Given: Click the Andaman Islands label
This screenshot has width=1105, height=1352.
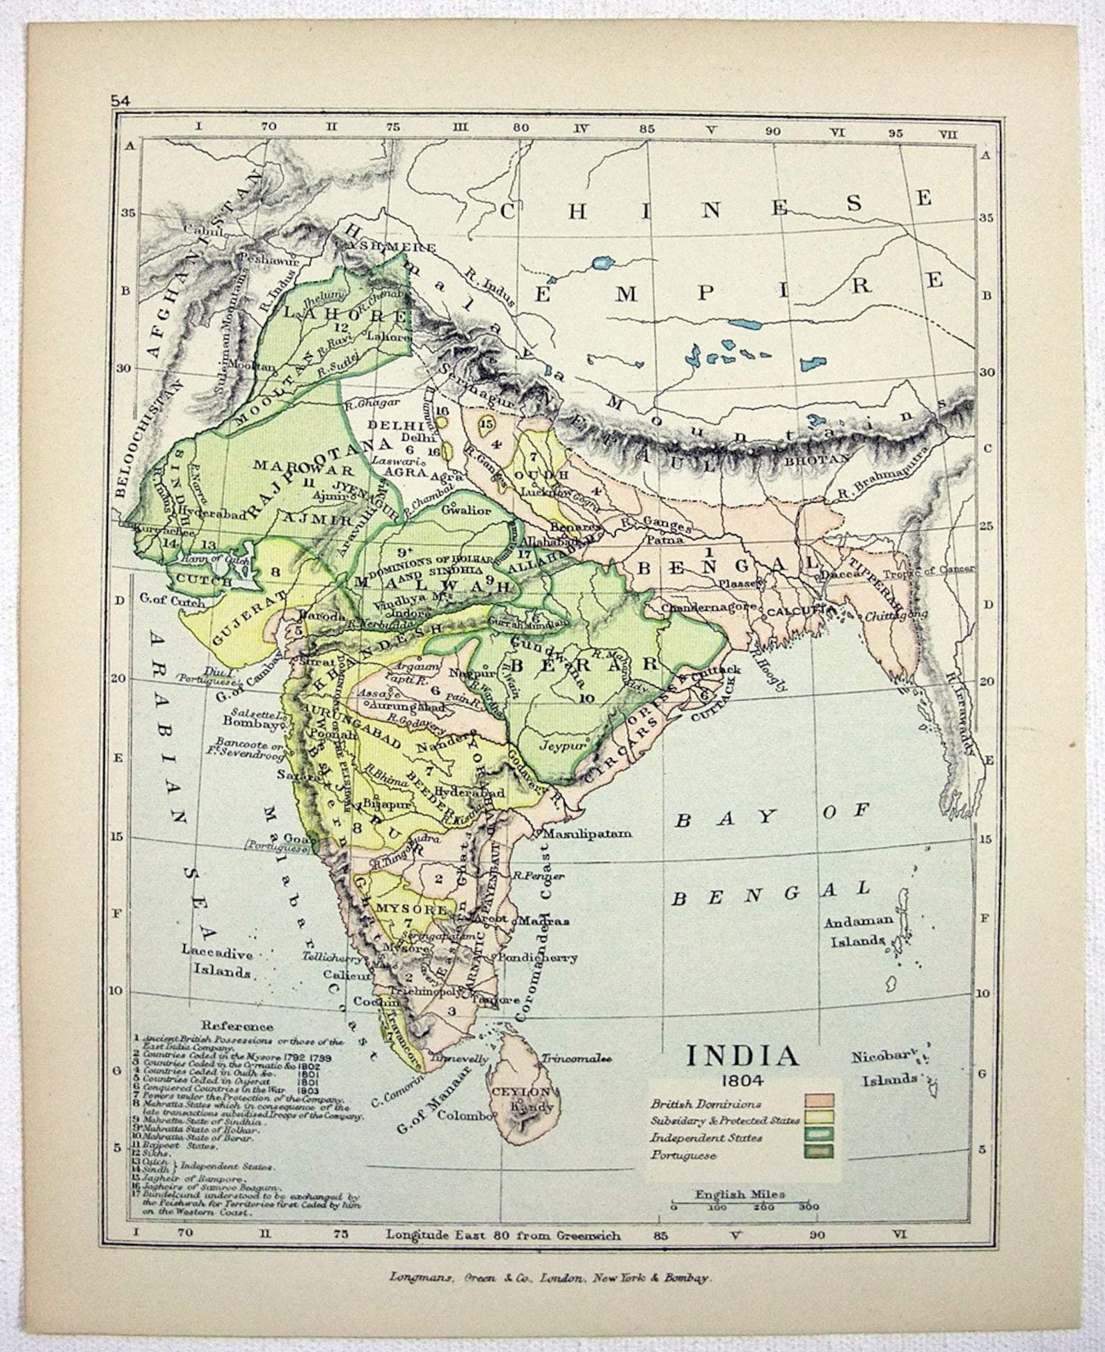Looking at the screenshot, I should [x=857, y=931].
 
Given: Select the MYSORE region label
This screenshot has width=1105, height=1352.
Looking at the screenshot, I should [x=401, y=909].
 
